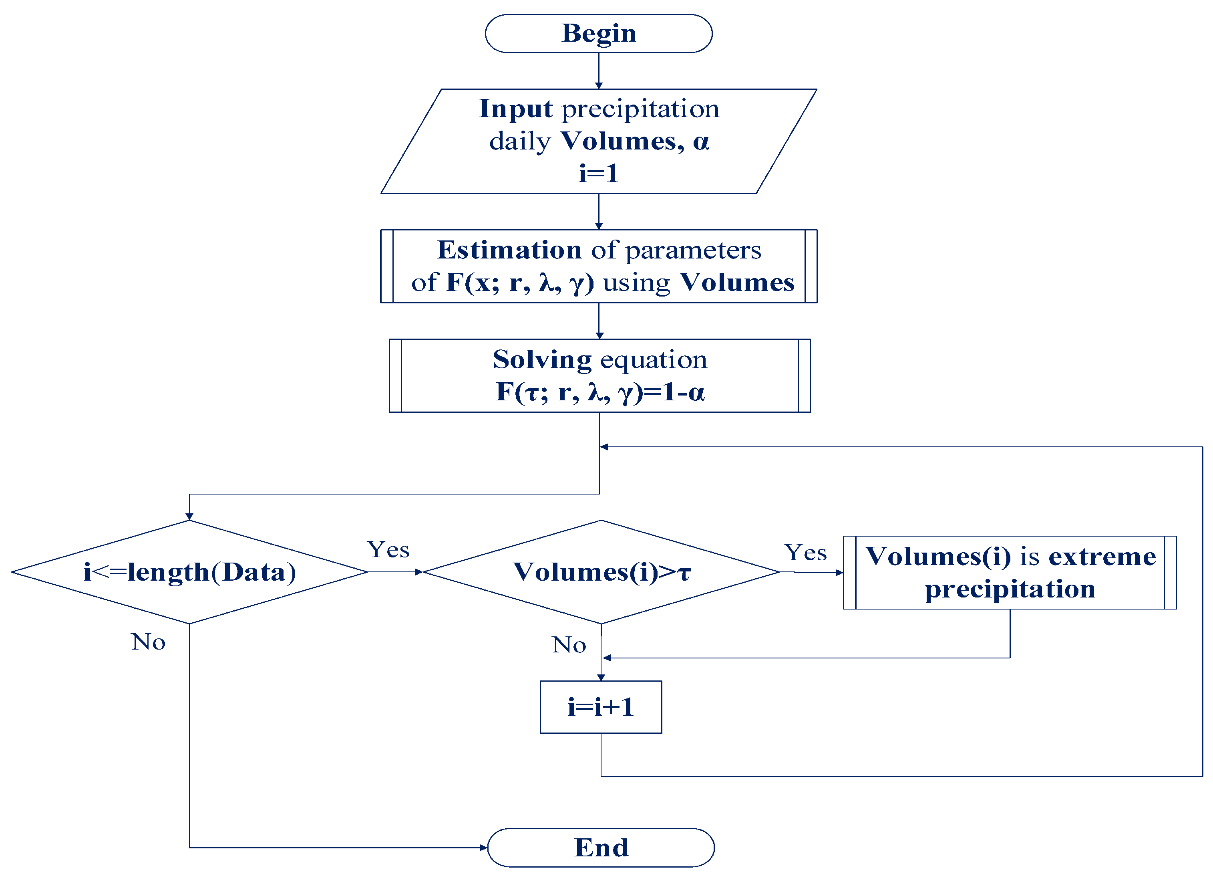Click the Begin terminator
point(598,33)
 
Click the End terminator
point(601,848)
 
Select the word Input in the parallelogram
point(515,109)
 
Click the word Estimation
point(509,250)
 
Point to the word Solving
point(542,359)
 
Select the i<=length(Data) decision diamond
point(189,572)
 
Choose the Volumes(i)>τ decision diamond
point(601,572)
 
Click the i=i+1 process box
point(601,707)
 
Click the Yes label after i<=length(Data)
point(388,549)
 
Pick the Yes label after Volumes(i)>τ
point(805,552)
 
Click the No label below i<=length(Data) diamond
point(148,642)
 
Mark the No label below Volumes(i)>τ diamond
point(569,645)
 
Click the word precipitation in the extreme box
point(1010,589)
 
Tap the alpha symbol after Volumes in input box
point(701,142)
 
